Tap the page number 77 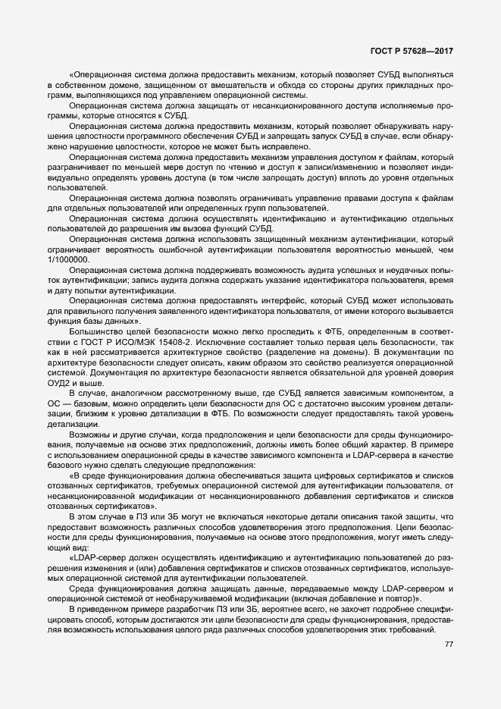tap(448, 645)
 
